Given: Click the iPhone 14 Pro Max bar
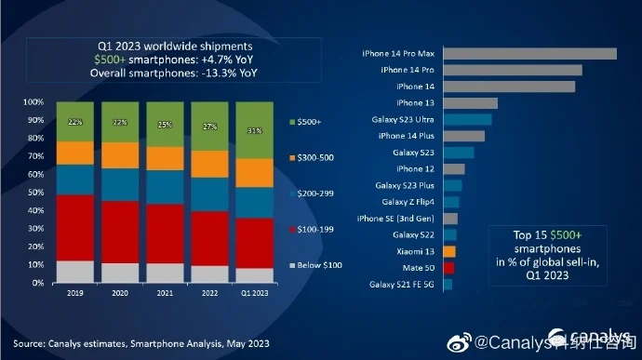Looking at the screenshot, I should [x=530, y=53].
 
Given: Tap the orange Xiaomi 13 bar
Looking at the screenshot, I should [x=449, y=251].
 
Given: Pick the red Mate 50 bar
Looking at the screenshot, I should [x=449, y=268].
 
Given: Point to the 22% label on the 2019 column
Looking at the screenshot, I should [x=75, y=122].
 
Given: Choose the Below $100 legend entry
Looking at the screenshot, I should [x=316, y=265].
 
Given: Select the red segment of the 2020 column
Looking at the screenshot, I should [x=120, y=232].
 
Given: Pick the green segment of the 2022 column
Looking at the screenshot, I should [x=209, y=127].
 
